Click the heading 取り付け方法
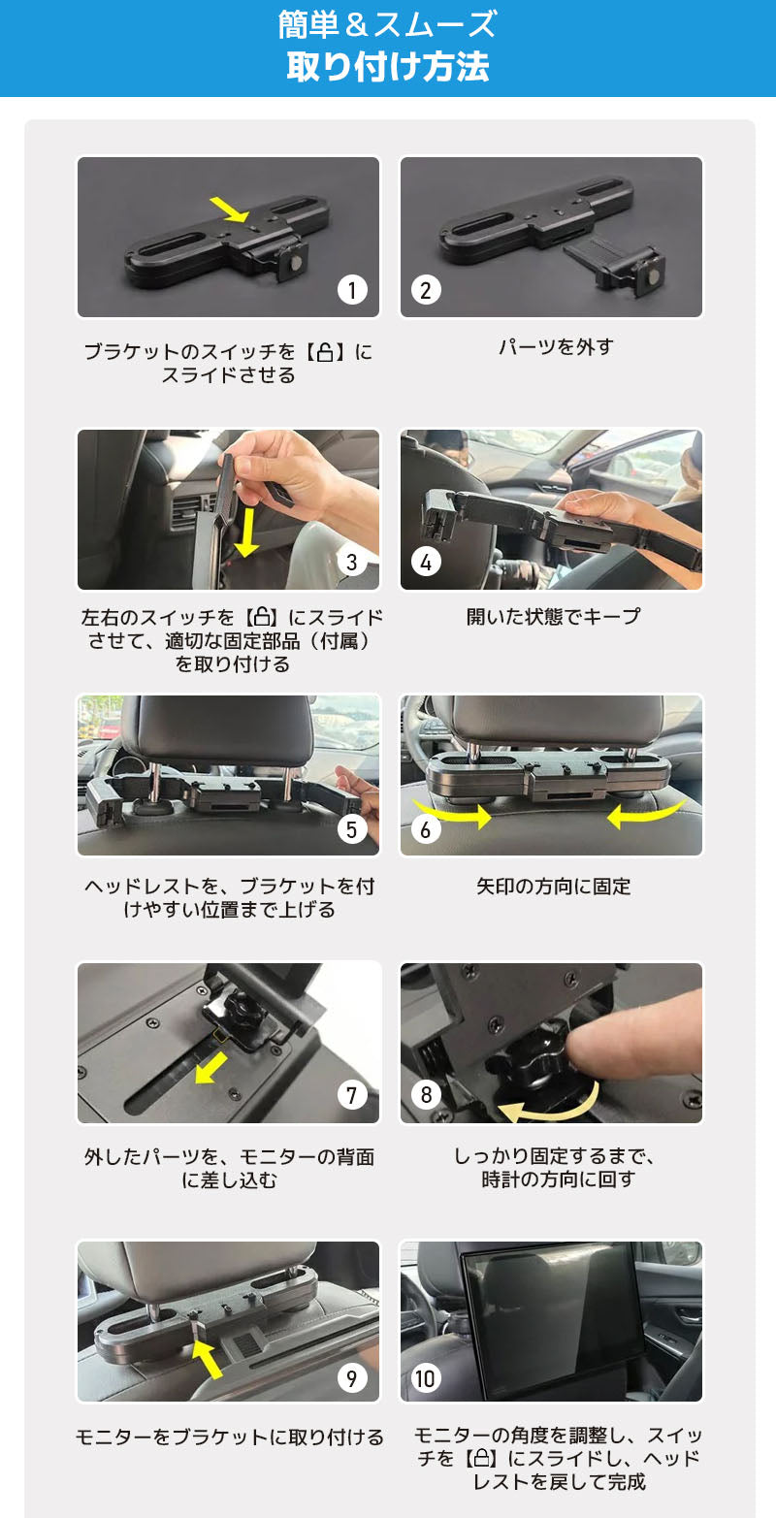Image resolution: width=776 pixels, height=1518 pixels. click(x=387, y=67)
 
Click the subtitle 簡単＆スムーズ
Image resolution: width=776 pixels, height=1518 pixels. click(x=387, y=24)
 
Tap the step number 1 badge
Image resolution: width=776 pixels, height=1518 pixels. click(x=352, y=289)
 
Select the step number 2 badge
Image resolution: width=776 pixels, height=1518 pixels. click(x=426, y=289)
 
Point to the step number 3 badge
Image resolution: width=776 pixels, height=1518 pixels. click(x=352, y=562)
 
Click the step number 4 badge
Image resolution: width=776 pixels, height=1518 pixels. click(x=426, y=562)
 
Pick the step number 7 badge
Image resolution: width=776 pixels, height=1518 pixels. click(x=352, y=1095)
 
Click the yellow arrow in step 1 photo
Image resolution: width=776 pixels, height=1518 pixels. click(x=229, y=207)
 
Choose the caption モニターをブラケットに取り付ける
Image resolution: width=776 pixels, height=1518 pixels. click(x=229, y=1437)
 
